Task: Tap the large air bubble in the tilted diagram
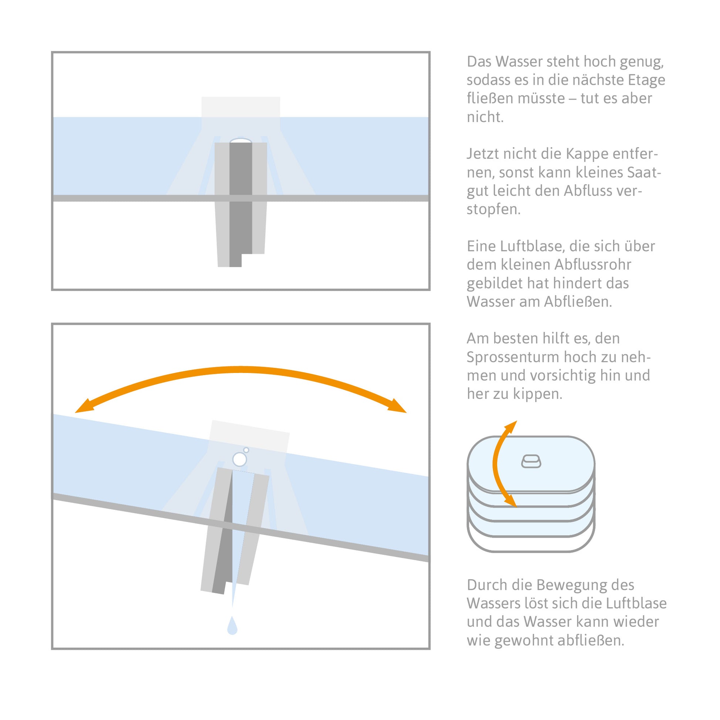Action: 240,460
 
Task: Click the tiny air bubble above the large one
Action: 246,450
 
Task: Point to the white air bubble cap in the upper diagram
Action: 241,140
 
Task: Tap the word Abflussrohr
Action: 593,265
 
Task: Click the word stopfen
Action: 494,209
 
